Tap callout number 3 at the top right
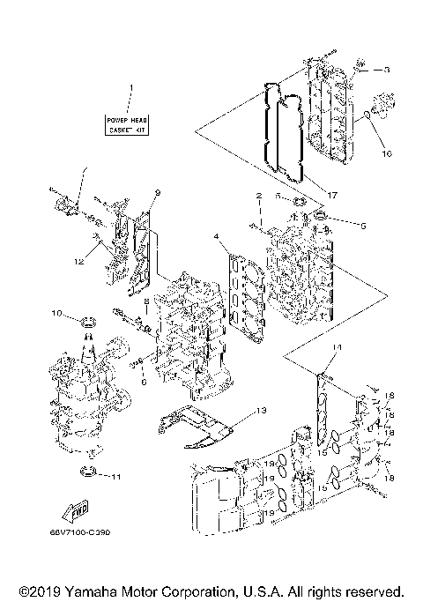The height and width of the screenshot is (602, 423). pyautogui.click(x=385, y=68)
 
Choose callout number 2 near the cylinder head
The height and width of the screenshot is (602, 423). pyautogui.click(x=259, y=195)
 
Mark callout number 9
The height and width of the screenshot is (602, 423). pyautogui.click(x=157, y=192)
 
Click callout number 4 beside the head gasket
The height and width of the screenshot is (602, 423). pyautogui.click(x=215, y=236)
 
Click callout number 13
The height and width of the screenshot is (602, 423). pyautogui.click(x=261, y=411)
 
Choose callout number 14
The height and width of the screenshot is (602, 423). pyautogui.click(x=337, y=348)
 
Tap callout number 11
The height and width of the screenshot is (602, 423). pyautogui.click(x=115, y=477)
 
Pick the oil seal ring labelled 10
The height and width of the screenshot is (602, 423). pyautogui.click(x=87, y=328)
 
